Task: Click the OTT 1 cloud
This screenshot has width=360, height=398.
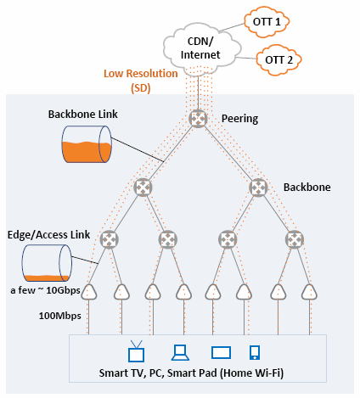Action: pos(267,22)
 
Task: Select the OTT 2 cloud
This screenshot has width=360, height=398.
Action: pos(278,60)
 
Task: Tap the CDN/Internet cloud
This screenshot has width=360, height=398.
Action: pos(202,48)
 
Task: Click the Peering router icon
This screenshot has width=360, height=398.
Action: pos(198,119)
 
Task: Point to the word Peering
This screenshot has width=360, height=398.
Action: pos(239,119)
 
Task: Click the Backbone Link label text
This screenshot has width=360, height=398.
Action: pos(82,115)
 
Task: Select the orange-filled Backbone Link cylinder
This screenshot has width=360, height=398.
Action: pos(87,144)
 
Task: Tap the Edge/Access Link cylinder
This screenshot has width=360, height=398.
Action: pos(47,263)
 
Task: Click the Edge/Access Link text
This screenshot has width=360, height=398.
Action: pos(48,235)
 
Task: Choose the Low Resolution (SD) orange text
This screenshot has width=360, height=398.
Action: pos(141,81)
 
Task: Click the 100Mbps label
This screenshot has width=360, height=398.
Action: pos(60,316)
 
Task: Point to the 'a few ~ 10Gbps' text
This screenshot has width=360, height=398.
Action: pos(45,290)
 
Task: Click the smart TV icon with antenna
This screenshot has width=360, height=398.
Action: pos(136,351)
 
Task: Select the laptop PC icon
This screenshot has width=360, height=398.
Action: pos(180,352)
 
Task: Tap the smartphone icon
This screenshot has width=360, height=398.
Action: pos(255,352)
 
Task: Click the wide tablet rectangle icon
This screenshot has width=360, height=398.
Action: pos(221,352)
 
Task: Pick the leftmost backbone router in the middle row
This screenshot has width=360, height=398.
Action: pos(143,187)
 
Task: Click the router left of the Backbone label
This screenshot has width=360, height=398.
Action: pos(258,187)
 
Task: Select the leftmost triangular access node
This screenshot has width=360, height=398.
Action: pos(89,292)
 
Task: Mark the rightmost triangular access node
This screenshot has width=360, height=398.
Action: pos(309,292)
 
